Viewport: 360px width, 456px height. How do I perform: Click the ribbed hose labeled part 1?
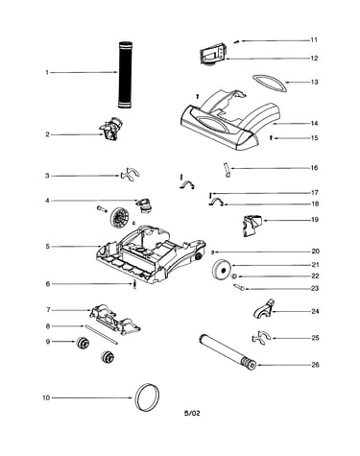click(126, 75)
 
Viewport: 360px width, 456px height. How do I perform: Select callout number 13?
click(315, 82)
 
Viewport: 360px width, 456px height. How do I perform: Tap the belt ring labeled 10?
click(147, 396)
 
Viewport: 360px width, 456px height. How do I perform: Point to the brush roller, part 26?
click(228, 352)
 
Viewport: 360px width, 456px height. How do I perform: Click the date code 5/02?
click(192, 413)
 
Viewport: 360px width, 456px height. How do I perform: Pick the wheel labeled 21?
click(221, 270)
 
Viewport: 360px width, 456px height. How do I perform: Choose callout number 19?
click(315, 220)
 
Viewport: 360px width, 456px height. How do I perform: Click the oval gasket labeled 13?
click(269, 84)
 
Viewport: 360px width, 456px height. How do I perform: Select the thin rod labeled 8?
click(101, 335)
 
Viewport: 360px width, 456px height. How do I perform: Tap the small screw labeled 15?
click(272, 138)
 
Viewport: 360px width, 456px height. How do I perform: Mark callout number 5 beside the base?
click(48, 247)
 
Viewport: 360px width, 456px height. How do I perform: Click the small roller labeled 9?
click(83, 343)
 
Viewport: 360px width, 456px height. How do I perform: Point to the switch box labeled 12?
click(213, 54)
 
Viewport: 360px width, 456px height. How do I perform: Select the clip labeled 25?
click(262, 338)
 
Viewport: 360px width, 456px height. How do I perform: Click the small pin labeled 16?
click(227, 170)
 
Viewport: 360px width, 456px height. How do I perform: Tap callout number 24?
click(315, 311)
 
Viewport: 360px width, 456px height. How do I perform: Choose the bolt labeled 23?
click(239, 287)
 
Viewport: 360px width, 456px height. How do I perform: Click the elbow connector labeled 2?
click(112, 129)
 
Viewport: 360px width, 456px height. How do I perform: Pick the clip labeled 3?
click(130, 175)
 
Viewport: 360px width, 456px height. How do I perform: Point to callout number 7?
click(48, 310)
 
